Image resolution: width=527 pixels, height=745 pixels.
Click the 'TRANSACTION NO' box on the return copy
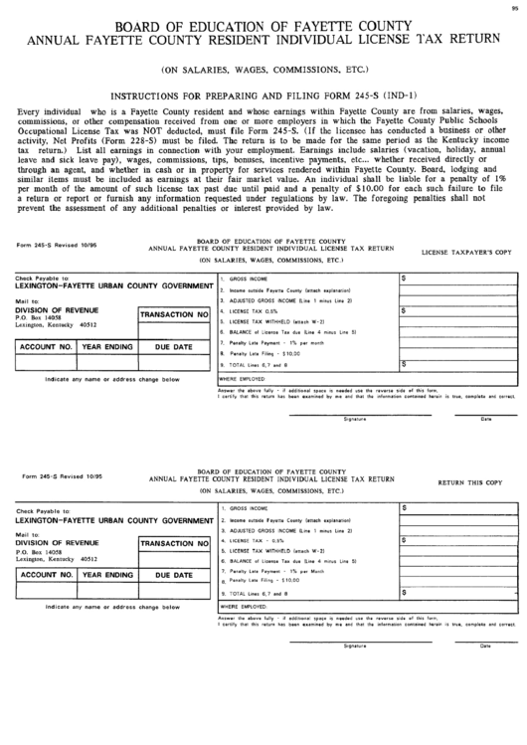click(173, 544)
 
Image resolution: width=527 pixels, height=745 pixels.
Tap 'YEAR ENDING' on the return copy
click(107, 576)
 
